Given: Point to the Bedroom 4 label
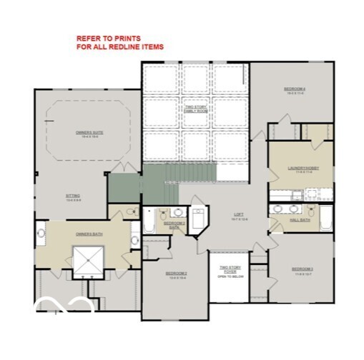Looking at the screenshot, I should coord(295,90).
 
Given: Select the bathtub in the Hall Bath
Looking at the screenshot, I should coord(325,219).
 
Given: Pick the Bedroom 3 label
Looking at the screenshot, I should coord(302,270).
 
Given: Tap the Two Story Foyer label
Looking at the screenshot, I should coord(230,269).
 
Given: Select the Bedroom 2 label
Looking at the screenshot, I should coord(177,274).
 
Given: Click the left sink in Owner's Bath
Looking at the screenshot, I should coord(41,233).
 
